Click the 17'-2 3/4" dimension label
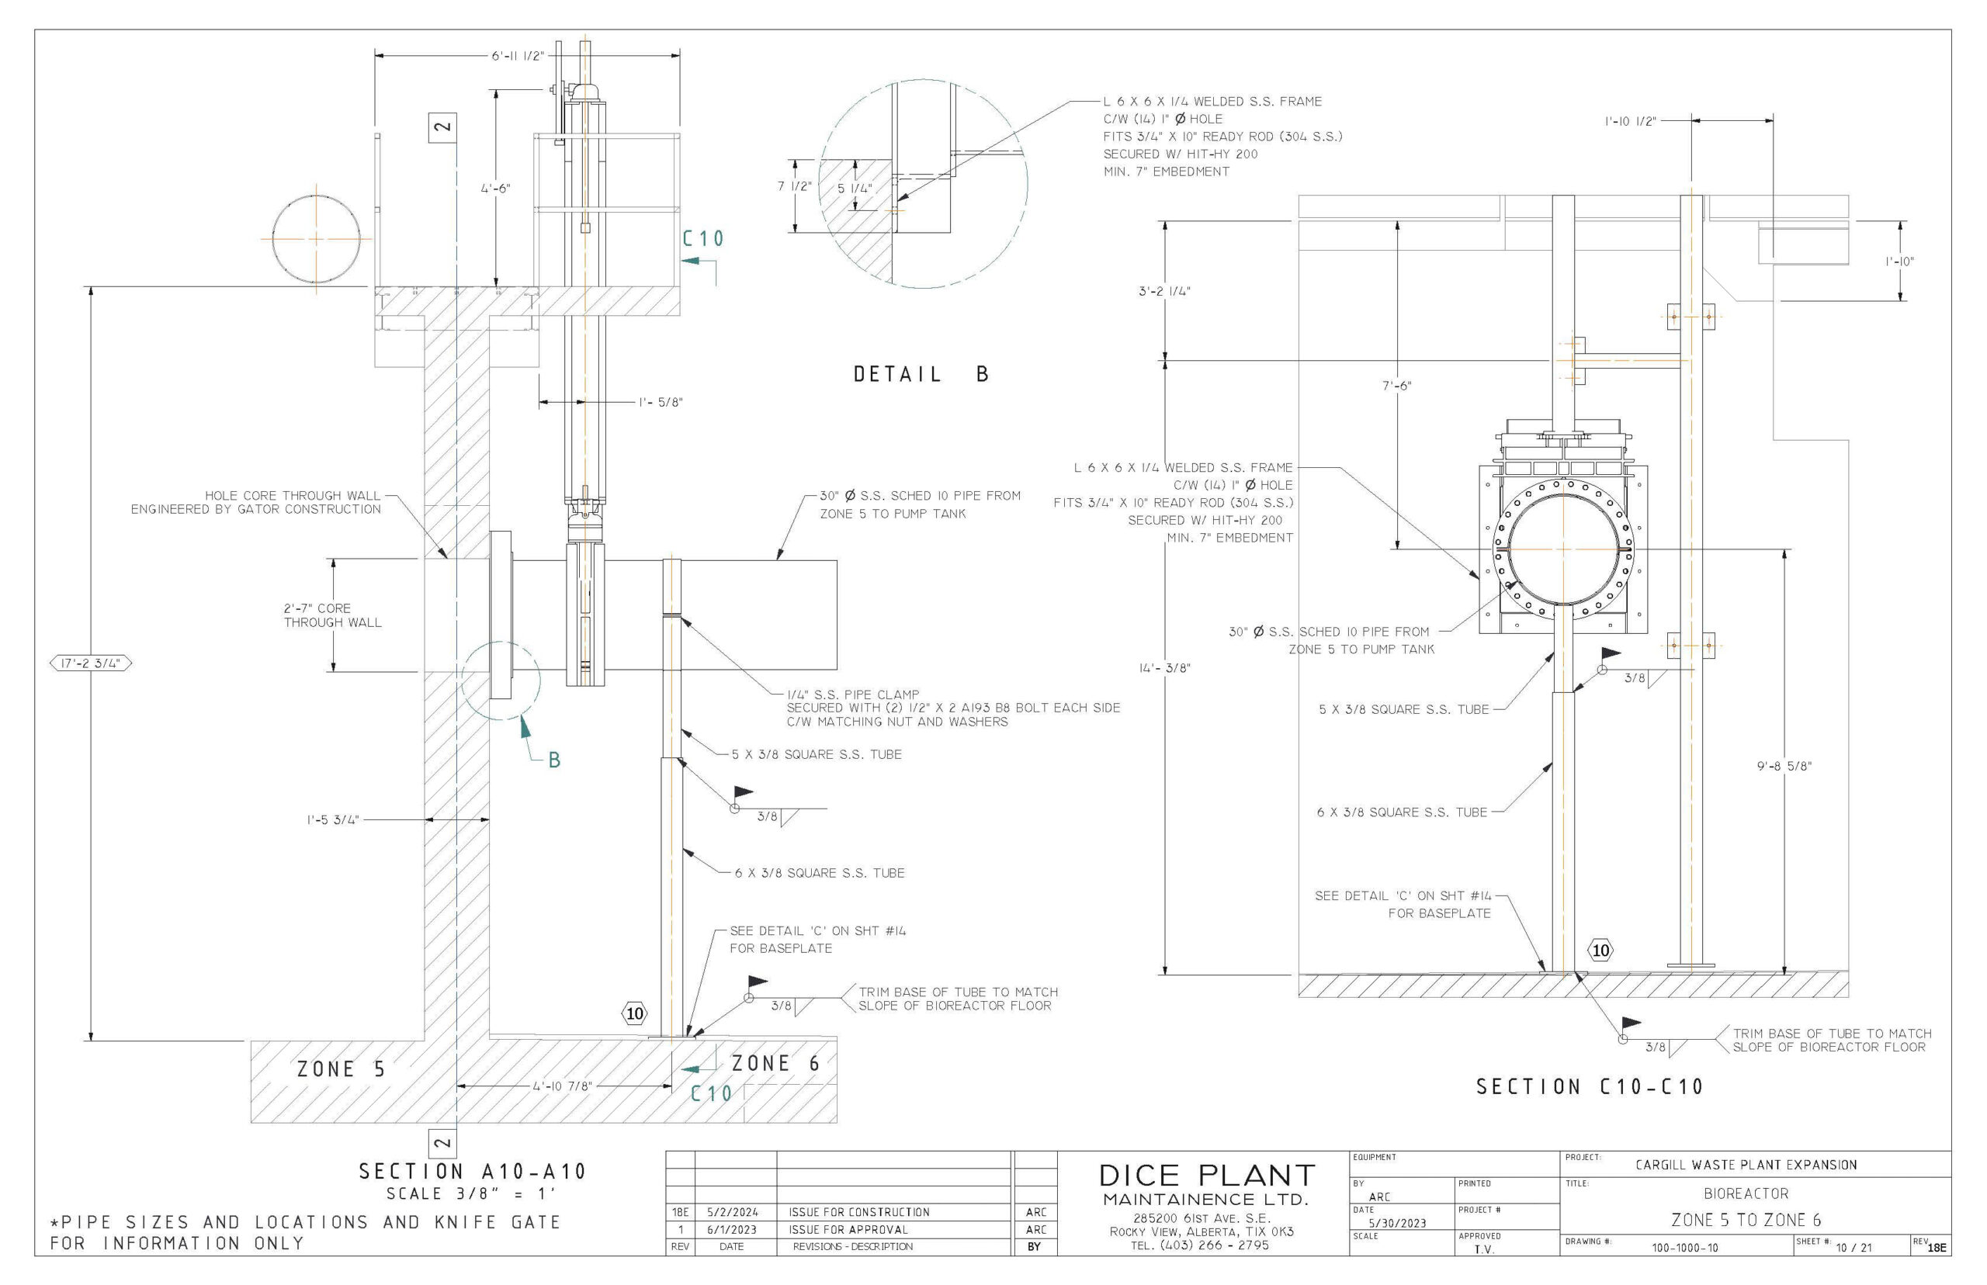(x=91, y=663)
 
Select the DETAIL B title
(x=921, y=375)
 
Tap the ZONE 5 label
(x=342, y=1069)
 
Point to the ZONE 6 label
(x=775, y=1064)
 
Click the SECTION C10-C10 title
(x=1590, y=1086)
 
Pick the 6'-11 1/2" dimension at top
(x=517, y=56)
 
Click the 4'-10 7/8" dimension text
(x=562, y=1086)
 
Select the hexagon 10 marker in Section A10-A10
(x=634, y=1013)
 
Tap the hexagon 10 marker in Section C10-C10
(x=1600, y=950)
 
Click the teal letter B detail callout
(x=554, y=760)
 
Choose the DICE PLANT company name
(x=1206, y=1175)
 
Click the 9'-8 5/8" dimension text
(x=1784, y=766)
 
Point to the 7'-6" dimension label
(x=1396, y=386)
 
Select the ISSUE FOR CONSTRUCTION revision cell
(x=858, y=1211)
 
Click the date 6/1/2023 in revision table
(x=731, y=1229)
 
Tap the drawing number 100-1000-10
(x=1684, y=1249)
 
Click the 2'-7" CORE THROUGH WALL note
(x=332, y=615)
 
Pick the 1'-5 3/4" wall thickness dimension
(x=332, y=819)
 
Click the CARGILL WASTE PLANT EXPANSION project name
(x=1746, y=1164)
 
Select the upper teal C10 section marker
(x=702, y=240)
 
